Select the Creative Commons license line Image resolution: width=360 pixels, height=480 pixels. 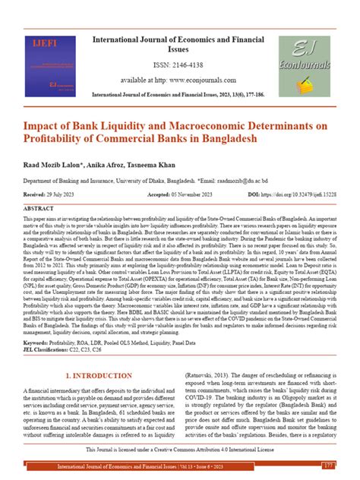(x=180, y=450)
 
